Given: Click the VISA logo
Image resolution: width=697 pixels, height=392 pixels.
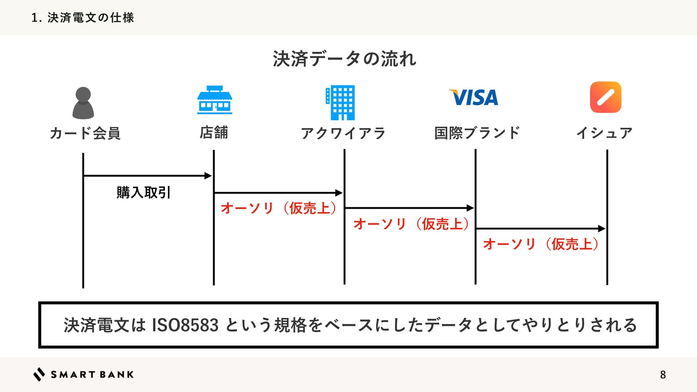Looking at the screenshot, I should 474,97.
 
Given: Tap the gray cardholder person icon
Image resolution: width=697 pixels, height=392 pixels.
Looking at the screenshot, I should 83,103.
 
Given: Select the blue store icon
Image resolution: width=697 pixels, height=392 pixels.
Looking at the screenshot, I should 215,100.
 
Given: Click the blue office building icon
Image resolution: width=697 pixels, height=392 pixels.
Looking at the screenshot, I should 341,103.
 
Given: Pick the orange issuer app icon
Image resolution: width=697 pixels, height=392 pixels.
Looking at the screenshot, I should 606,97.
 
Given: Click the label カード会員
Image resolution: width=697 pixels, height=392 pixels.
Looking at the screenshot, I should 85,133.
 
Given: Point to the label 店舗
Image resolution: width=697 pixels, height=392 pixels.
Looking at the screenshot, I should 214,132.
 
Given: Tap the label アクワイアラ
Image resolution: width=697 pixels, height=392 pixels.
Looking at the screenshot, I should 343,133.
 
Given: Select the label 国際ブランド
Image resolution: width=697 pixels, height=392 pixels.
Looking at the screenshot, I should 477,133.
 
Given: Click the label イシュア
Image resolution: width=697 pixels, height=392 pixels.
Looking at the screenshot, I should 604,133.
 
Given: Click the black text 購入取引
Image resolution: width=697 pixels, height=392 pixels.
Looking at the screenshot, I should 143,192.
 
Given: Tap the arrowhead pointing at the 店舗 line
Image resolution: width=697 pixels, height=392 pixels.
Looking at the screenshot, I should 208,176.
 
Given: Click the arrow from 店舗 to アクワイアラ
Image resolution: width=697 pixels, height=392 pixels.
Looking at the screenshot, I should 278,193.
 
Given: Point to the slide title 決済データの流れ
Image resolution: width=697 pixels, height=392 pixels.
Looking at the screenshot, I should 345,59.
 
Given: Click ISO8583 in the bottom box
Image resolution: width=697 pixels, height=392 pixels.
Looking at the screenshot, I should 185,325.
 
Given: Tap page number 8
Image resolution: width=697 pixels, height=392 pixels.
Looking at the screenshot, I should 663,375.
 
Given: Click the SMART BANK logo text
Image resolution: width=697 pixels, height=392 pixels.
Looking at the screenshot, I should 92,375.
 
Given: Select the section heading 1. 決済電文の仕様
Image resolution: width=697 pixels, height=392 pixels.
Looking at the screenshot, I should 83,17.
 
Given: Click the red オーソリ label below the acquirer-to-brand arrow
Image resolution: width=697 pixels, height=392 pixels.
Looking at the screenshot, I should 412,224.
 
